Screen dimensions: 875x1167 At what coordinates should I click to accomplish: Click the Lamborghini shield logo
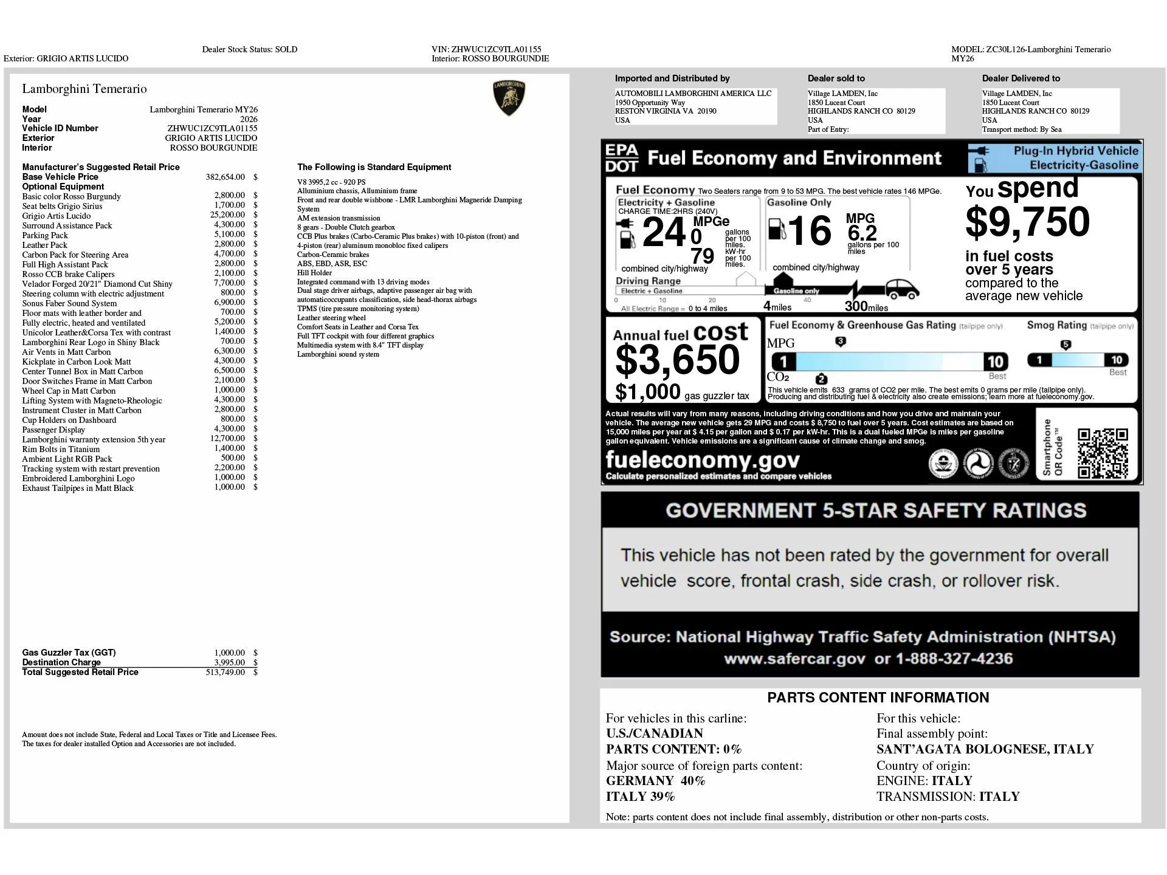pos(509,98)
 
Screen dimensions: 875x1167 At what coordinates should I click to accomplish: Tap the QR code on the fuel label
pos(1103,454)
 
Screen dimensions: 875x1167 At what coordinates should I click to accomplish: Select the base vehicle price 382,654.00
pos(225,177)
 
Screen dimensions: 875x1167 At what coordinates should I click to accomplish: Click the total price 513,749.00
pos(225,672)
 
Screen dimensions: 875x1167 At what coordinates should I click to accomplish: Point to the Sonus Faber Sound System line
pos(69,303)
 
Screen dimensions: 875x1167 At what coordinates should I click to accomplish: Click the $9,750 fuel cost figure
pos(1027,222)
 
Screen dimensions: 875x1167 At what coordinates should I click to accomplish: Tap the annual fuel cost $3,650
pos(677,360)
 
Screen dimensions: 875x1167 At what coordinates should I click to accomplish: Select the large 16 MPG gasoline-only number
pos(810,232)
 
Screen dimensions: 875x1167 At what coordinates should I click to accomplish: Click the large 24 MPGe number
pos(664,233)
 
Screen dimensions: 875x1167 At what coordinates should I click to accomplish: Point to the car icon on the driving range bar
pos(902,289)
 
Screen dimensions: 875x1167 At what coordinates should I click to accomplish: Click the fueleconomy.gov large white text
pos(703,460)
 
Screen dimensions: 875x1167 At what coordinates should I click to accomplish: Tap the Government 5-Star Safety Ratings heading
pos(875,510)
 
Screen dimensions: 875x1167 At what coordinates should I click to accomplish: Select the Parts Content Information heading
pos(878,698)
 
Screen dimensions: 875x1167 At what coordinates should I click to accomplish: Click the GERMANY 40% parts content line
pos(655,781)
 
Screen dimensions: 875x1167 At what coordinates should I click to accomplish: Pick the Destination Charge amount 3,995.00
pos(229,662)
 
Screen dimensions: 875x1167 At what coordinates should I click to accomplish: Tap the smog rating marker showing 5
pos(1065,345)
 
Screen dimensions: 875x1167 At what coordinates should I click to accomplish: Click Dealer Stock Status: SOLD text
pos(250,49)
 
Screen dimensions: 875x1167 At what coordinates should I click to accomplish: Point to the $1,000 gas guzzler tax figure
pos(647,393)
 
